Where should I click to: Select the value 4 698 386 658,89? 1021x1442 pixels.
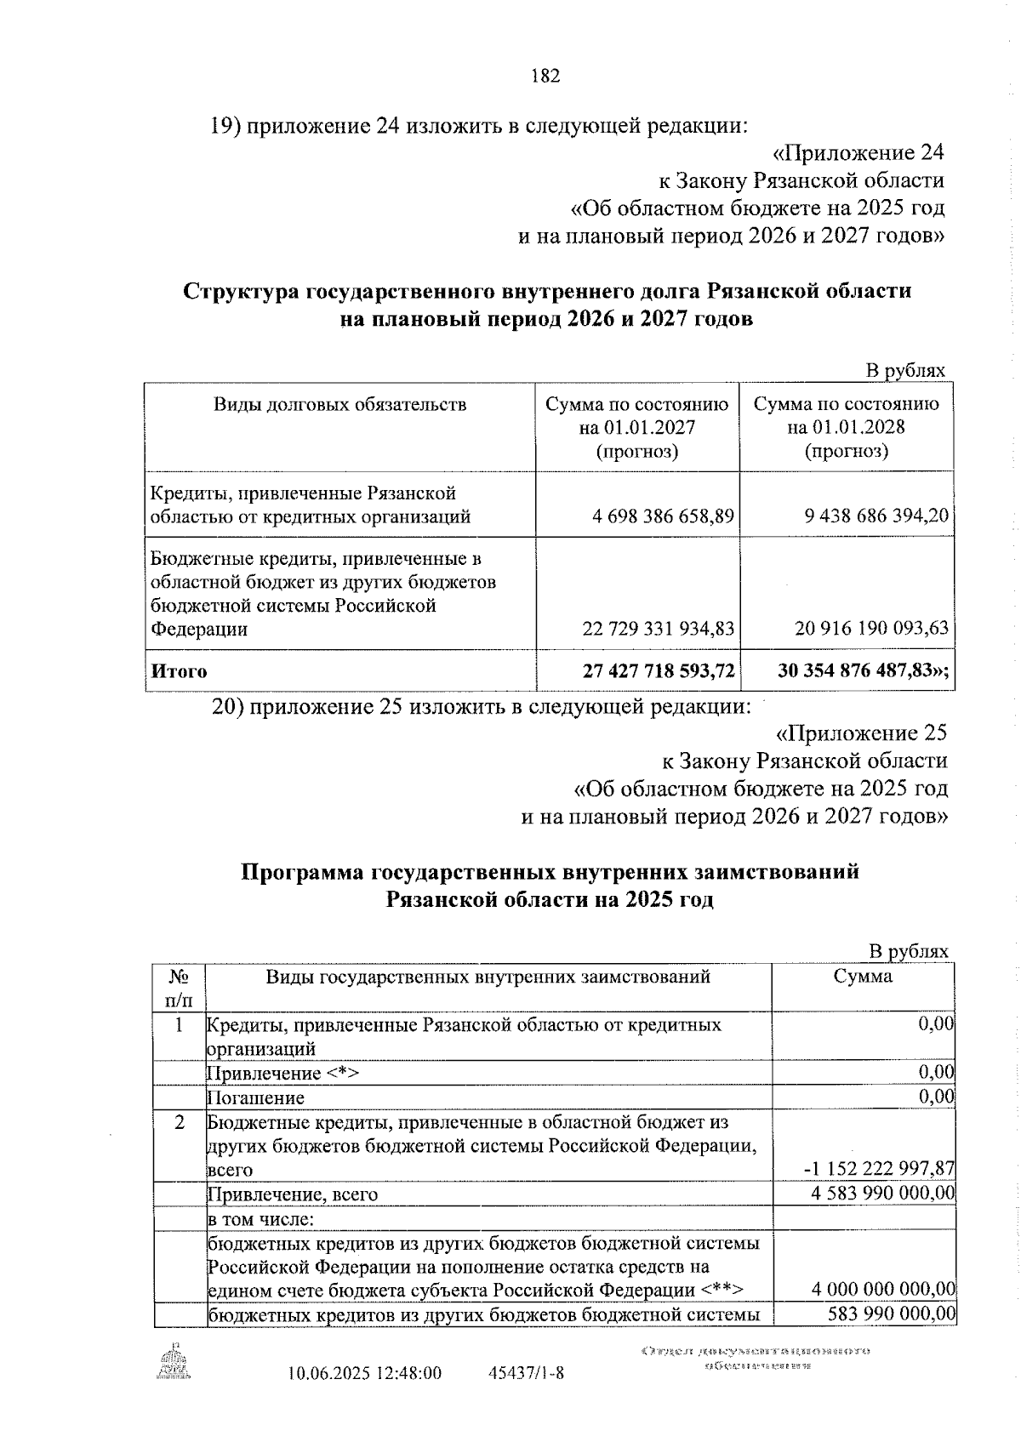pos(658,516)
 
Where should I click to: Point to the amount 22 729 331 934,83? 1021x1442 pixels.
pos(658,629)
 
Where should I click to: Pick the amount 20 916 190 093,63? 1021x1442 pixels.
pos(870,629)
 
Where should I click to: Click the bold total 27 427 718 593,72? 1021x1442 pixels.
pos(658,671)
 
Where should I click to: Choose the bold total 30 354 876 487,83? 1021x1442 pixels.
pos(862,671)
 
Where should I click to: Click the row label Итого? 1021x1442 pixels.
pos(179,671)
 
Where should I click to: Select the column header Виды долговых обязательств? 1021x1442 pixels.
pos(339,404)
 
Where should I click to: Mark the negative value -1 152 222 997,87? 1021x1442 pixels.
pos(879,1170)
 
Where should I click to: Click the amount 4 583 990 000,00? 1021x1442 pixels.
pos(882,1194)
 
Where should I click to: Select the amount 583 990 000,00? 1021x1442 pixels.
pos(891,1338)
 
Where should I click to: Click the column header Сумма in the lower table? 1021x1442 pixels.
pos(863,977)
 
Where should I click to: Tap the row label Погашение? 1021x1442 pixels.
pos(256,1097)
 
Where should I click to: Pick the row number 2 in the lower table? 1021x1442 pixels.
pos(180,1122)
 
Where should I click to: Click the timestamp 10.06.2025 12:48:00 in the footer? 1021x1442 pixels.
pos(365,1396)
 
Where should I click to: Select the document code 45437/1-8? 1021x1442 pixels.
pos(527,1396)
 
